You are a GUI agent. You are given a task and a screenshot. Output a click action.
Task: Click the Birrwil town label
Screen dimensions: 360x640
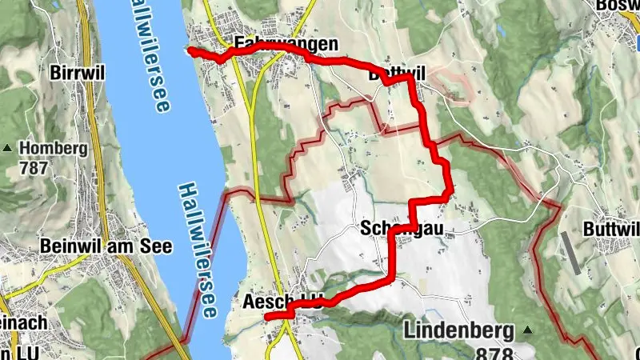tap(78, 72)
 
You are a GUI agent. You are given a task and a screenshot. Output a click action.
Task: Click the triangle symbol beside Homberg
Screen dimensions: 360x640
tap(8, 148)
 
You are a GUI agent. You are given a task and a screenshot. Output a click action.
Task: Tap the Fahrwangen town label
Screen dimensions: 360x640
tap(275, 44)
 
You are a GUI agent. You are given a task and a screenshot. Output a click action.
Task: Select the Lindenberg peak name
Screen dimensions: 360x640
tap(458, 329)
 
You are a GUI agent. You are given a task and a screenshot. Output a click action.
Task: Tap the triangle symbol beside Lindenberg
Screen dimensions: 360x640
tap(527, 329)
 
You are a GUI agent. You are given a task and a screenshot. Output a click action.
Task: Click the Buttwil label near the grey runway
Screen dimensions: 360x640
tap(611, 229)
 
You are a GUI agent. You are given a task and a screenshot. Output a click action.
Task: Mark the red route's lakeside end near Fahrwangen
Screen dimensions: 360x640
tap(190, 50)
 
